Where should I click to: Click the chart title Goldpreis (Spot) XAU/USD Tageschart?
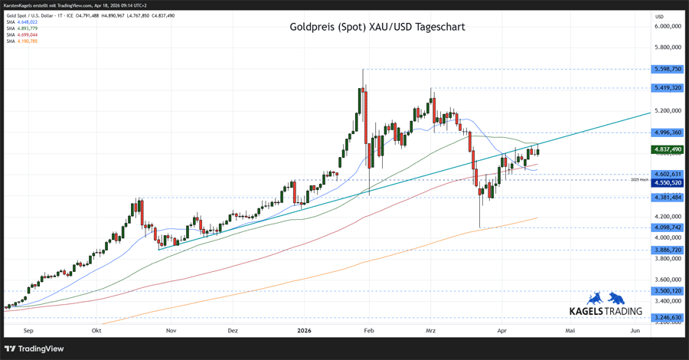click(x=377, y=27)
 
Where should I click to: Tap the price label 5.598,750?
click(x=668, y=69)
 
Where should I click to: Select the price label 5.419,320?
click(x=668, y=88)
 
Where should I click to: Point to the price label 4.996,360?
click(x=668, y=133)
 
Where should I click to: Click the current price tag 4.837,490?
click(x=668, y=149)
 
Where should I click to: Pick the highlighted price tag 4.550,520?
click(x=668, y=183)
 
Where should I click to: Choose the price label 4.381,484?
click(x=668, y=197)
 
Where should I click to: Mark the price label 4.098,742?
click(x=668, y=227)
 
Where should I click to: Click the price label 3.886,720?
click(x=668, y=250)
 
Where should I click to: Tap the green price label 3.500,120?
click(x=668, y=291)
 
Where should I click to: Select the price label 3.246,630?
click(x=668, y=317)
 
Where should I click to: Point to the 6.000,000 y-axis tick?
click(x=668, y=26)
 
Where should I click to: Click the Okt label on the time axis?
click(x=96, y=331)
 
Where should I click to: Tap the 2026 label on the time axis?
click(x=304, y=331)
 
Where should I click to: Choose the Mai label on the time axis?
click(x=570, y=331)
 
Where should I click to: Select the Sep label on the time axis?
click(x=28, y=331)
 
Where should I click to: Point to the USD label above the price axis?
click(x=659, y=16)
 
